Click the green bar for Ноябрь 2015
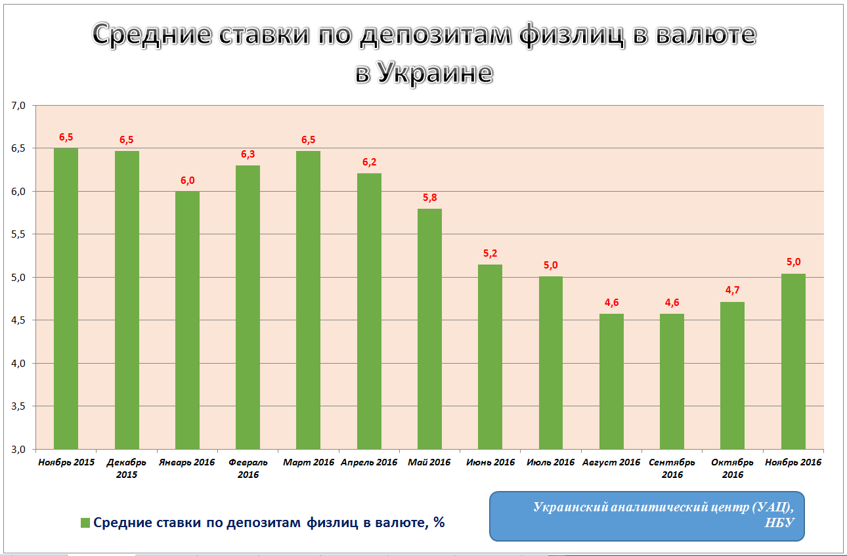click(66, 299)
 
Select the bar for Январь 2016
click(187, 320)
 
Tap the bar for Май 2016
click(429, 329)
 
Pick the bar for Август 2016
click(611, 381)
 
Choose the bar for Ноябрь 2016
click(793, 362)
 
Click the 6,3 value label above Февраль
click(248, 154)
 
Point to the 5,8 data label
click(429, 198)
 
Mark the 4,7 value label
click(733, 291)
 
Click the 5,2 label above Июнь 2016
click(490, 253)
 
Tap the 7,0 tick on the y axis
click(18, 105)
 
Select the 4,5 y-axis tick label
click(18, 320)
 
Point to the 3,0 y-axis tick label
click(18, 450)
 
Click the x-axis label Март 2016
click(309, 463)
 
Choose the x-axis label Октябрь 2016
click(728, 469)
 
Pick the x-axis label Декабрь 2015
click(127, 469)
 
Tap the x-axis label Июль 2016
click(551, 463)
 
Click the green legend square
click(85, 523)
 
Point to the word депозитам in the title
click(437, 35)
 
